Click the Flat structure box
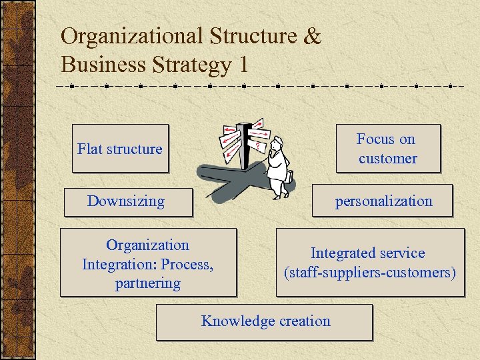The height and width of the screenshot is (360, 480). pos(120,149)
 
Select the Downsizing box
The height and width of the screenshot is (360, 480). pos(127,201)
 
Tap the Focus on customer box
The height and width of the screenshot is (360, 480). pos(388,148)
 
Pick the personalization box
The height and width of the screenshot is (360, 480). pos(383,201)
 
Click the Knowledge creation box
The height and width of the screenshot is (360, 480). pos(265,322)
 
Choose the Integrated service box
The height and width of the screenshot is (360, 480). pos(369,263)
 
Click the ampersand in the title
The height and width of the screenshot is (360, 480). pos(311,37)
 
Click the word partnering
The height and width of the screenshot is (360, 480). pos(148,283)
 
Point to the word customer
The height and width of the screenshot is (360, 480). pos(387,159)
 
